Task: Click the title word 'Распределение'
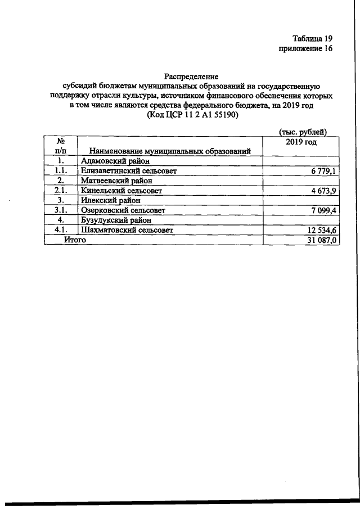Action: (x=191, y=76)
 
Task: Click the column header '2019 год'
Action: (x=301, y=141)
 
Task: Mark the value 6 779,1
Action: (x=323, y=170)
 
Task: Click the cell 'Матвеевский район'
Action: (x=117, y=181)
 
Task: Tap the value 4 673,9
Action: (x=323, y=191)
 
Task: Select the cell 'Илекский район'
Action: (x=110, y=200)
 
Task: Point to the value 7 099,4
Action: (x=323, y=210)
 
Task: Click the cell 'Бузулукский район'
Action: (x=117, y=220)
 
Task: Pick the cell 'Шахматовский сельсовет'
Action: (x=128, y=229)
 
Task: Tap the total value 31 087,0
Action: (x=321, y=240)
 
